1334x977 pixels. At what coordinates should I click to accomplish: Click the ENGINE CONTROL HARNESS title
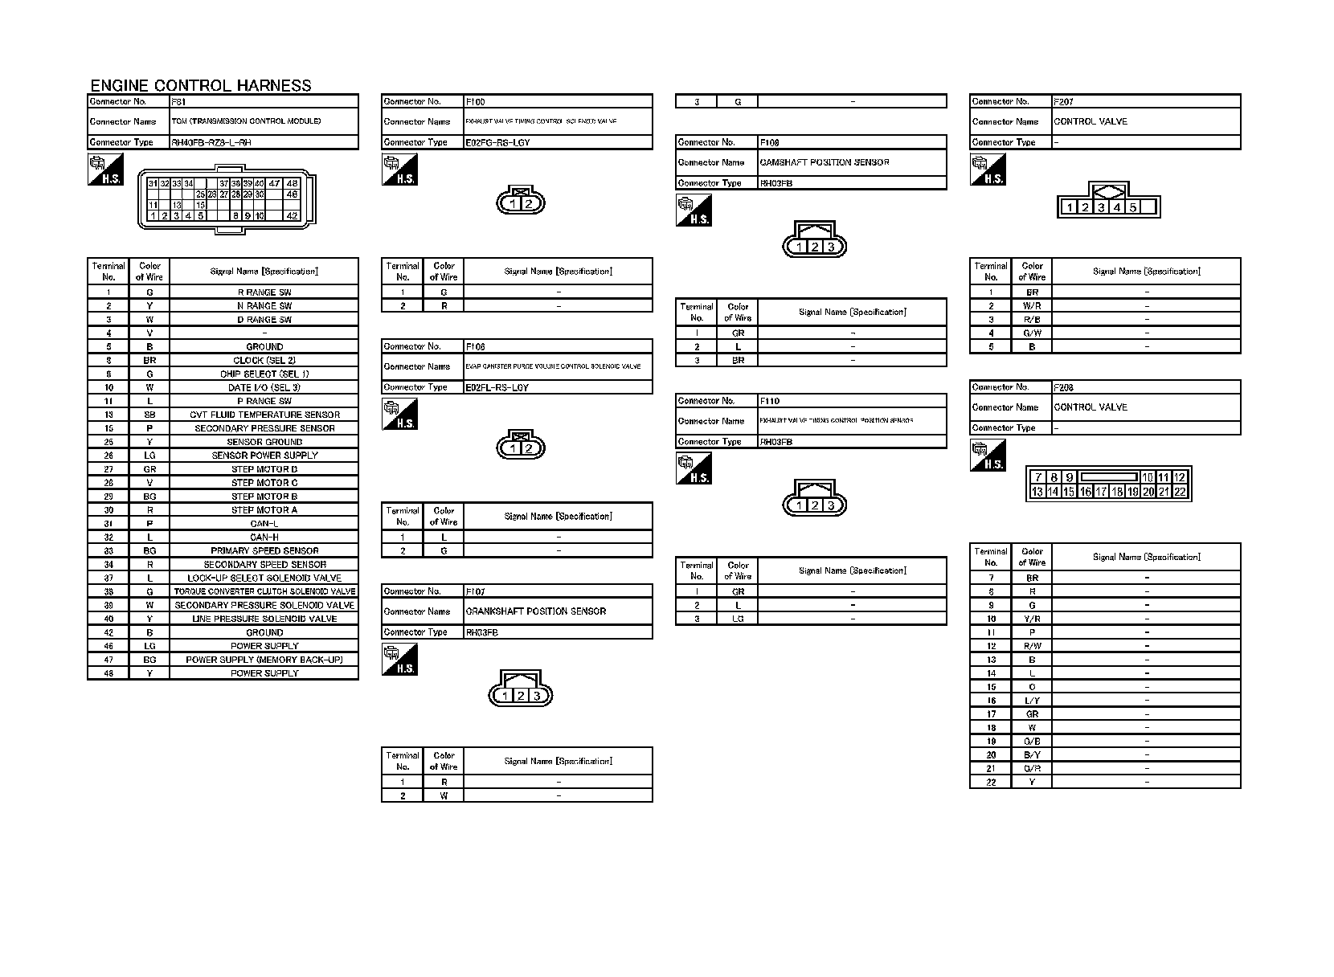200,85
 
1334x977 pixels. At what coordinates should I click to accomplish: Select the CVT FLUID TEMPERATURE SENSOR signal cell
264,415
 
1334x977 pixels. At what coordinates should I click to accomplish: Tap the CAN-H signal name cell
264,537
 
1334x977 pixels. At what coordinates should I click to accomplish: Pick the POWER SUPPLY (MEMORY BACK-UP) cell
264,660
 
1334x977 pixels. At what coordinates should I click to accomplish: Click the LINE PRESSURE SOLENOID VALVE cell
264,619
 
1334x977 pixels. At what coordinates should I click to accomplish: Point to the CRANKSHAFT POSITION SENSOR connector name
536,611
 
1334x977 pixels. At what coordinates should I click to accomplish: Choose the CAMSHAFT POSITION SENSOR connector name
825,162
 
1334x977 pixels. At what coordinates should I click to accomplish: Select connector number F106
475,346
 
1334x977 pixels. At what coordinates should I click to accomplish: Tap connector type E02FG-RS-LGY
497,142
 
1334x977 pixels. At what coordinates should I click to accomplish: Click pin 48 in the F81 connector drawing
293,183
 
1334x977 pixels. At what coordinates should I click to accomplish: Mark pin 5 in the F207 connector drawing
1132,207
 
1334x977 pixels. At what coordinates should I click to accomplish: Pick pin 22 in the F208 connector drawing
1180,492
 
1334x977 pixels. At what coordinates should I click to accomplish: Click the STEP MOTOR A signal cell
264,510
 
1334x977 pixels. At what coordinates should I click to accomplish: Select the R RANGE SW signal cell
264,292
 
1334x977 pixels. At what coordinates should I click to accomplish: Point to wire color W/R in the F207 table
1032,306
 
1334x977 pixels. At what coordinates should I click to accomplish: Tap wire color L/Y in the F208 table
1032,701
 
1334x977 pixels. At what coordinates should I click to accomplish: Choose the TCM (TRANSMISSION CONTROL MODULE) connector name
246,121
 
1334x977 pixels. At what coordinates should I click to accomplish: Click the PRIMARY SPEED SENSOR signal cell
264,550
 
